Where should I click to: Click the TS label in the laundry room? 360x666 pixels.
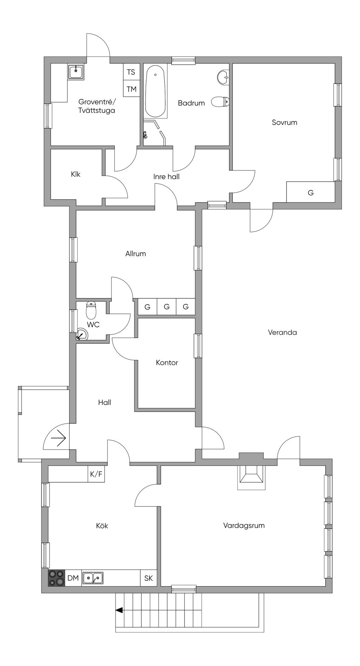click(131, 72)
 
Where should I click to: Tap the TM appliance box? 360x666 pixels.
click(131, 89)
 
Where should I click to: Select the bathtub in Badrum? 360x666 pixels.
click(155, 91)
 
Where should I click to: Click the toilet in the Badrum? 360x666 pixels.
click(220, 102)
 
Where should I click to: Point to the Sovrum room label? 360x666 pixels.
click(284, 123)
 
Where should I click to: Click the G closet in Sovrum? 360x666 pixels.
click(310, 193)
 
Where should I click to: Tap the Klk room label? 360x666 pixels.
click(76, 174)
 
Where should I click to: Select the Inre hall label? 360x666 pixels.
click(166, 177)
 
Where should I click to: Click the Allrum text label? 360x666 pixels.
click(136, 254)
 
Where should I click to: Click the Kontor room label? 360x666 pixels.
click(167, 363)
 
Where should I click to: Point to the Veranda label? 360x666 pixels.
click(282, 332)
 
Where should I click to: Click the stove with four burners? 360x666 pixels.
click(57, 578)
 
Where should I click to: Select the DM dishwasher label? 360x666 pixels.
click(73, 578)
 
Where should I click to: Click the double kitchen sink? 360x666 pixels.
click(93, 578)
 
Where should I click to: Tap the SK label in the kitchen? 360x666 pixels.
click(149, 578)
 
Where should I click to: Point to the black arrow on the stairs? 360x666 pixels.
click(120, 610)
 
